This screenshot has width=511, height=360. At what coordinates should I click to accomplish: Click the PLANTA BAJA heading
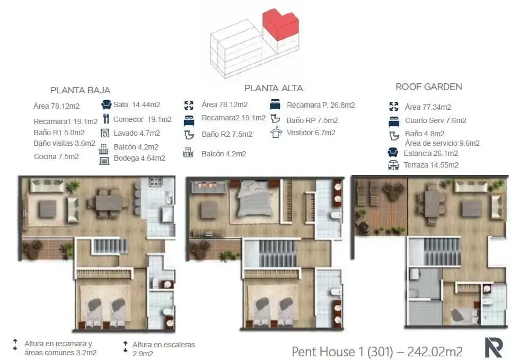click(80, 90)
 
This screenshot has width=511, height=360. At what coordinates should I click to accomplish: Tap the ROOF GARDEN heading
click(429, 87)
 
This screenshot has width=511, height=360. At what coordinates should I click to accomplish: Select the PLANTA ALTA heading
click(274, 88)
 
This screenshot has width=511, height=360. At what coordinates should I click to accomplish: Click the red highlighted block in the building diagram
click(280, 24)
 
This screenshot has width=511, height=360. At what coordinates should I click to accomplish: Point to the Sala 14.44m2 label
click(137, 104)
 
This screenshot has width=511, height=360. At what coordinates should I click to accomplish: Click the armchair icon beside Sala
click(106, 104)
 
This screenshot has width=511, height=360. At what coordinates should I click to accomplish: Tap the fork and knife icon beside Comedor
click(106, 119)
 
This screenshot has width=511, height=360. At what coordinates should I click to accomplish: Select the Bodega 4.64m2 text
click(139, 158)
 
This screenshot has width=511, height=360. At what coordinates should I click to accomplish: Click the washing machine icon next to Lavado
click(105, 133)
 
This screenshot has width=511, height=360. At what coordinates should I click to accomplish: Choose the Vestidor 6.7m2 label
click(311, 133)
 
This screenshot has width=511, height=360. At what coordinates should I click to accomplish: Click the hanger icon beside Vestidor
click(276, 132)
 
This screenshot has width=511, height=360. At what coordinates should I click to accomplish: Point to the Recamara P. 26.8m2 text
click(321, 105)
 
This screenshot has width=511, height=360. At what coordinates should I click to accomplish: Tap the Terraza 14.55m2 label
click(431, 165)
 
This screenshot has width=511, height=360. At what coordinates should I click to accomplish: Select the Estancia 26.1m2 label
click(431, 153)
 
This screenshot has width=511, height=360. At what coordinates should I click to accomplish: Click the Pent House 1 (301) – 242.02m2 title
click(377, 352)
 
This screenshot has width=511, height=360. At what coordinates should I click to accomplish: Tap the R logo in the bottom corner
click(494, 348)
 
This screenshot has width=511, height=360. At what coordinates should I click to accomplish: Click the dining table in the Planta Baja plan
click(109, 203)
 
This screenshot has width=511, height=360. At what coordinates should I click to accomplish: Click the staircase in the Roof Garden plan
click(442, 251)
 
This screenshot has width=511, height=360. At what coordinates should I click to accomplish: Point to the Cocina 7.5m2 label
click(56, 156)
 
